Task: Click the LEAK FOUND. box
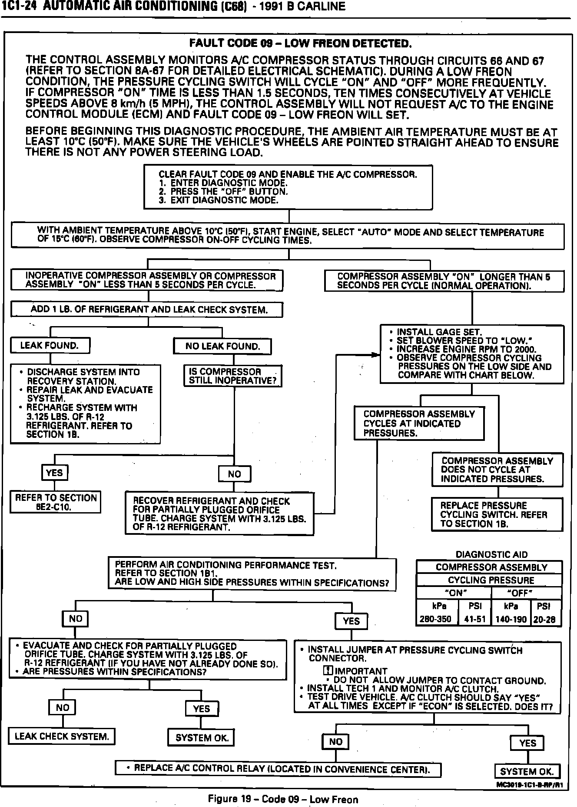point(50,346)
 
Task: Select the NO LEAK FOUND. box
point(222,347)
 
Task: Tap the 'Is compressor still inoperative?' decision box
point(233,376)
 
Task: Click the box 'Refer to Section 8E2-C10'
point(56,502)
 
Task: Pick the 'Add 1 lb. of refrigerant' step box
point(147,310)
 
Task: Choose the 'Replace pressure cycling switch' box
point(497,514)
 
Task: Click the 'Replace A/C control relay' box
point(278,769)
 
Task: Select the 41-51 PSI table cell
point(475,619)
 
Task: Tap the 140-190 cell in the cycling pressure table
point(511,619)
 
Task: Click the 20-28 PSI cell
point(546,619)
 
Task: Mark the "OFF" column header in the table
point(526,593)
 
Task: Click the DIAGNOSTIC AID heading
point(491,554)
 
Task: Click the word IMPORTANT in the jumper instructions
point(361,671)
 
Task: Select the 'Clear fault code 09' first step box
point(288,187)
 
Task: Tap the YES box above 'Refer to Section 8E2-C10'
point(54,473)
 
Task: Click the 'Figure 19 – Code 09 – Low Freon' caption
point(283,799)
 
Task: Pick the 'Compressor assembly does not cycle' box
point(497,470)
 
